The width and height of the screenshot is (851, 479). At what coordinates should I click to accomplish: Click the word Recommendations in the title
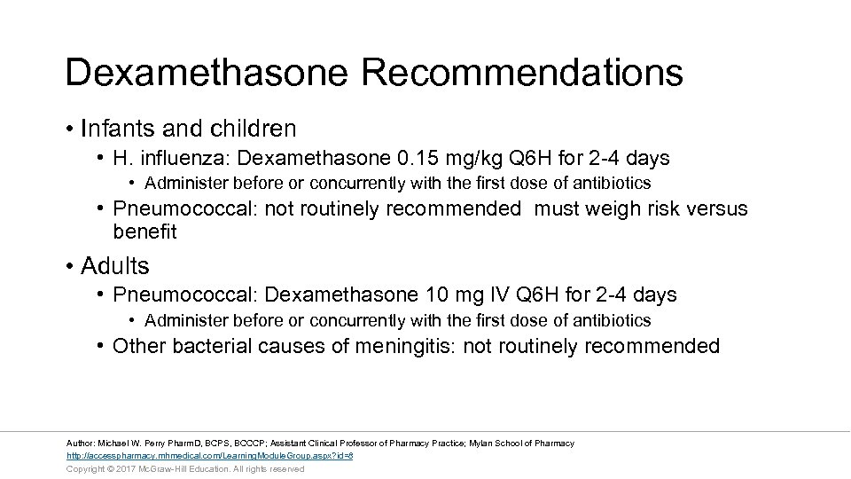coord(522,73)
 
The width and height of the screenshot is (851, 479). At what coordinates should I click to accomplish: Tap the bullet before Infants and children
coord(69,130)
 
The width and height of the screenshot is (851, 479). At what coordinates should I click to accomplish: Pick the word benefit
coord(144,232)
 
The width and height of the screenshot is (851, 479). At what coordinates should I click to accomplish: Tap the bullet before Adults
coord(69,266)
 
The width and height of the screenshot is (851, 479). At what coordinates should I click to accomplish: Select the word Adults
coord(115,266)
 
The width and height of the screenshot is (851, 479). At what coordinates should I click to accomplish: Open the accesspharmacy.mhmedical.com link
coord(210,455)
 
